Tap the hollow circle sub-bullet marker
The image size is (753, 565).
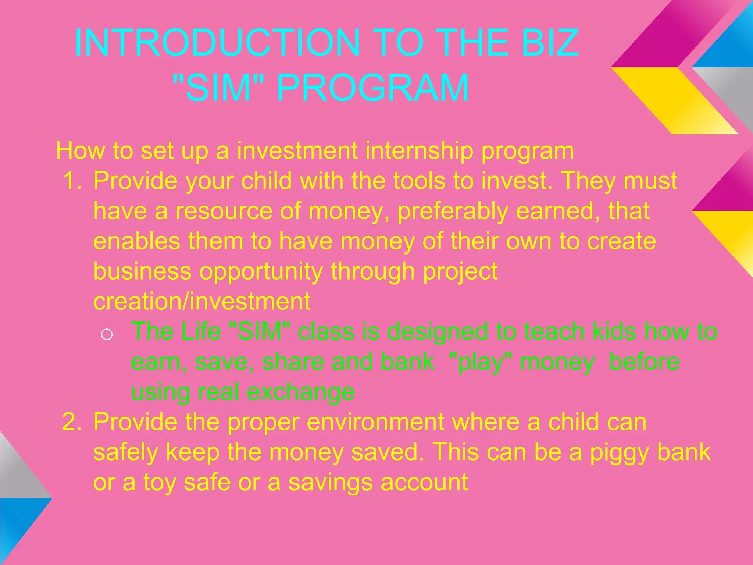click(107, 334)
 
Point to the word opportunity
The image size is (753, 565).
click(261, 272)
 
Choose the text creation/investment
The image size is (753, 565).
click(202, 301)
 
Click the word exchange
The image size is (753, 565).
click(300, 392)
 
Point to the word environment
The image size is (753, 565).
click(375, 422)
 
